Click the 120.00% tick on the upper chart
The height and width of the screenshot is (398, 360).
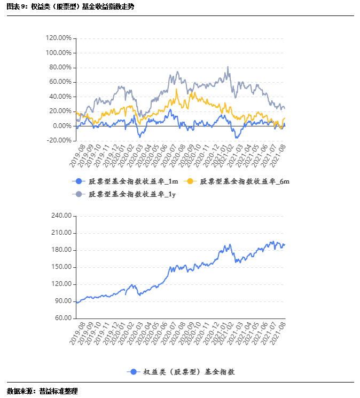[x=59, y=38]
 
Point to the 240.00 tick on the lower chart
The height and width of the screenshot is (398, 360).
[x=61, y=216]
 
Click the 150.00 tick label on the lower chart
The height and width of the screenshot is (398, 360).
[x=61, y=267]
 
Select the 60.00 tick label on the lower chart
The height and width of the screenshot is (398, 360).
[x=62, y=318]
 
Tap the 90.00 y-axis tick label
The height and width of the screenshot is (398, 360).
[x=62, y=301]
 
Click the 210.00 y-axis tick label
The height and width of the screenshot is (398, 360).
[x=61, y=233]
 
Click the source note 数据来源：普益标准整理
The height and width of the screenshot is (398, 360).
[x=42, y=391]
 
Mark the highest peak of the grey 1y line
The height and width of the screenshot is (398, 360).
[x=228, y=67]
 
